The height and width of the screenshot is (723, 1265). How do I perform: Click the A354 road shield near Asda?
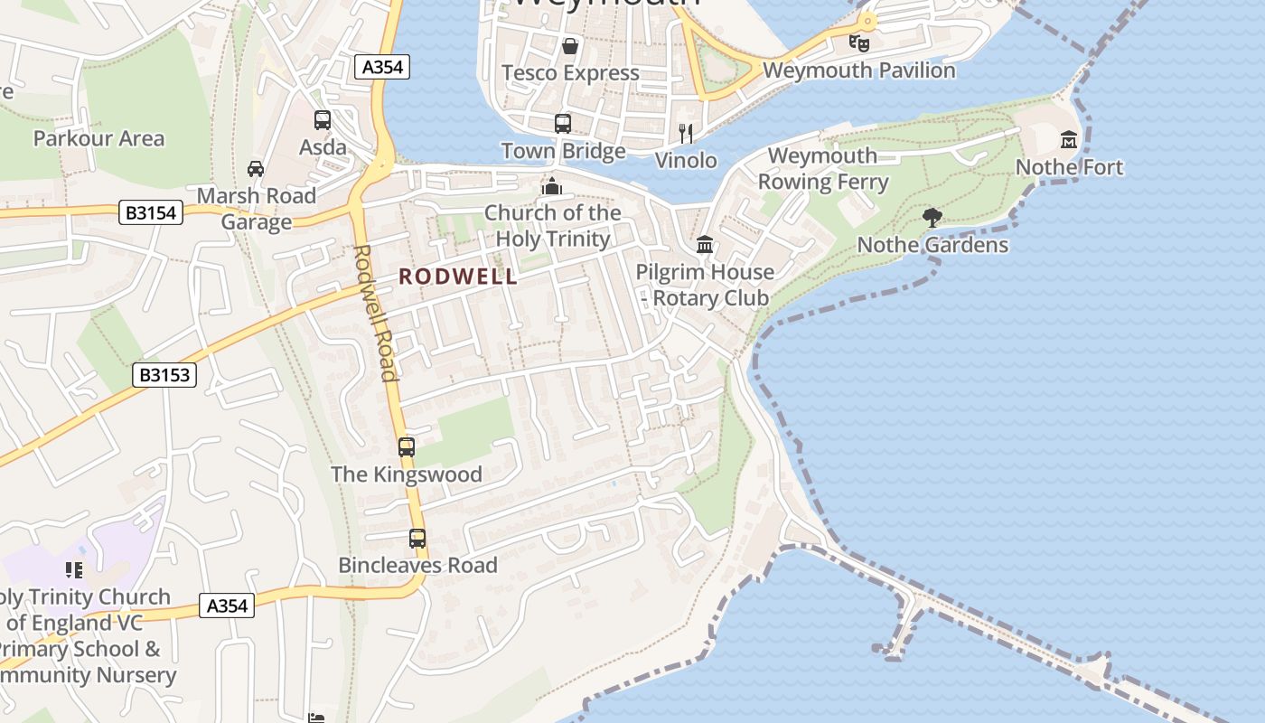click(382, 67)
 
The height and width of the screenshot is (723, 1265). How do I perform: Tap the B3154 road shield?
click(152, 213)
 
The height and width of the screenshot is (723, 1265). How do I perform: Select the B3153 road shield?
click(164, 374)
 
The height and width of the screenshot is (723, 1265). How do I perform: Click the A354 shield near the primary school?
click(227, 606)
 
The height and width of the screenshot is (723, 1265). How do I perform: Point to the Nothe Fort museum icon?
click(1069, 139)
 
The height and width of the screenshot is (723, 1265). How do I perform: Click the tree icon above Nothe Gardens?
click(932, 217)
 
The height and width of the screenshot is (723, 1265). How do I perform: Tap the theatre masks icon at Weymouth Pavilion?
click(858, 42)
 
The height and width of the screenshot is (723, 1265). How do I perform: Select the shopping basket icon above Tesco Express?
click(570, 45)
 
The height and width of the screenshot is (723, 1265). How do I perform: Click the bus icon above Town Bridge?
click(563, 124)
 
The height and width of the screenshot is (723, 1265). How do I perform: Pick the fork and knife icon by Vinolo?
click(686, 134)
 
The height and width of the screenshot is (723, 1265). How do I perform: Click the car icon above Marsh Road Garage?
click(256, 169)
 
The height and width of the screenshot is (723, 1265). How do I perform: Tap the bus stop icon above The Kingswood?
click(407, 446)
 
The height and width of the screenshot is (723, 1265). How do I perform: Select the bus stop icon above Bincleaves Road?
click(417, 539)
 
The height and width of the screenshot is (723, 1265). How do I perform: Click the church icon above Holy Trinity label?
click(552, 186)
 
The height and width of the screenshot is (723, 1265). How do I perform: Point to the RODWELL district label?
click(458, 277)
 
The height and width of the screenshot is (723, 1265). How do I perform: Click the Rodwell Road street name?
click(375, 312)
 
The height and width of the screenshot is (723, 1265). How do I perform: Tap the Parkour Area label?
click(98, 138)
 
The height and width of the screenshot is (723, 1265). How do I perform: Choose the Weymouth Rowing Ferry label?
click(822, 168)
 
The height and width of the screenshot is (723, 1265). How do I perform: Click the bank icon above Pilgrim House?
click(705, 244)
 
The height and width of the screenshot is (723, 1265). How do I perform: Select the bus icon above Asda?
click(323, 120)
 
